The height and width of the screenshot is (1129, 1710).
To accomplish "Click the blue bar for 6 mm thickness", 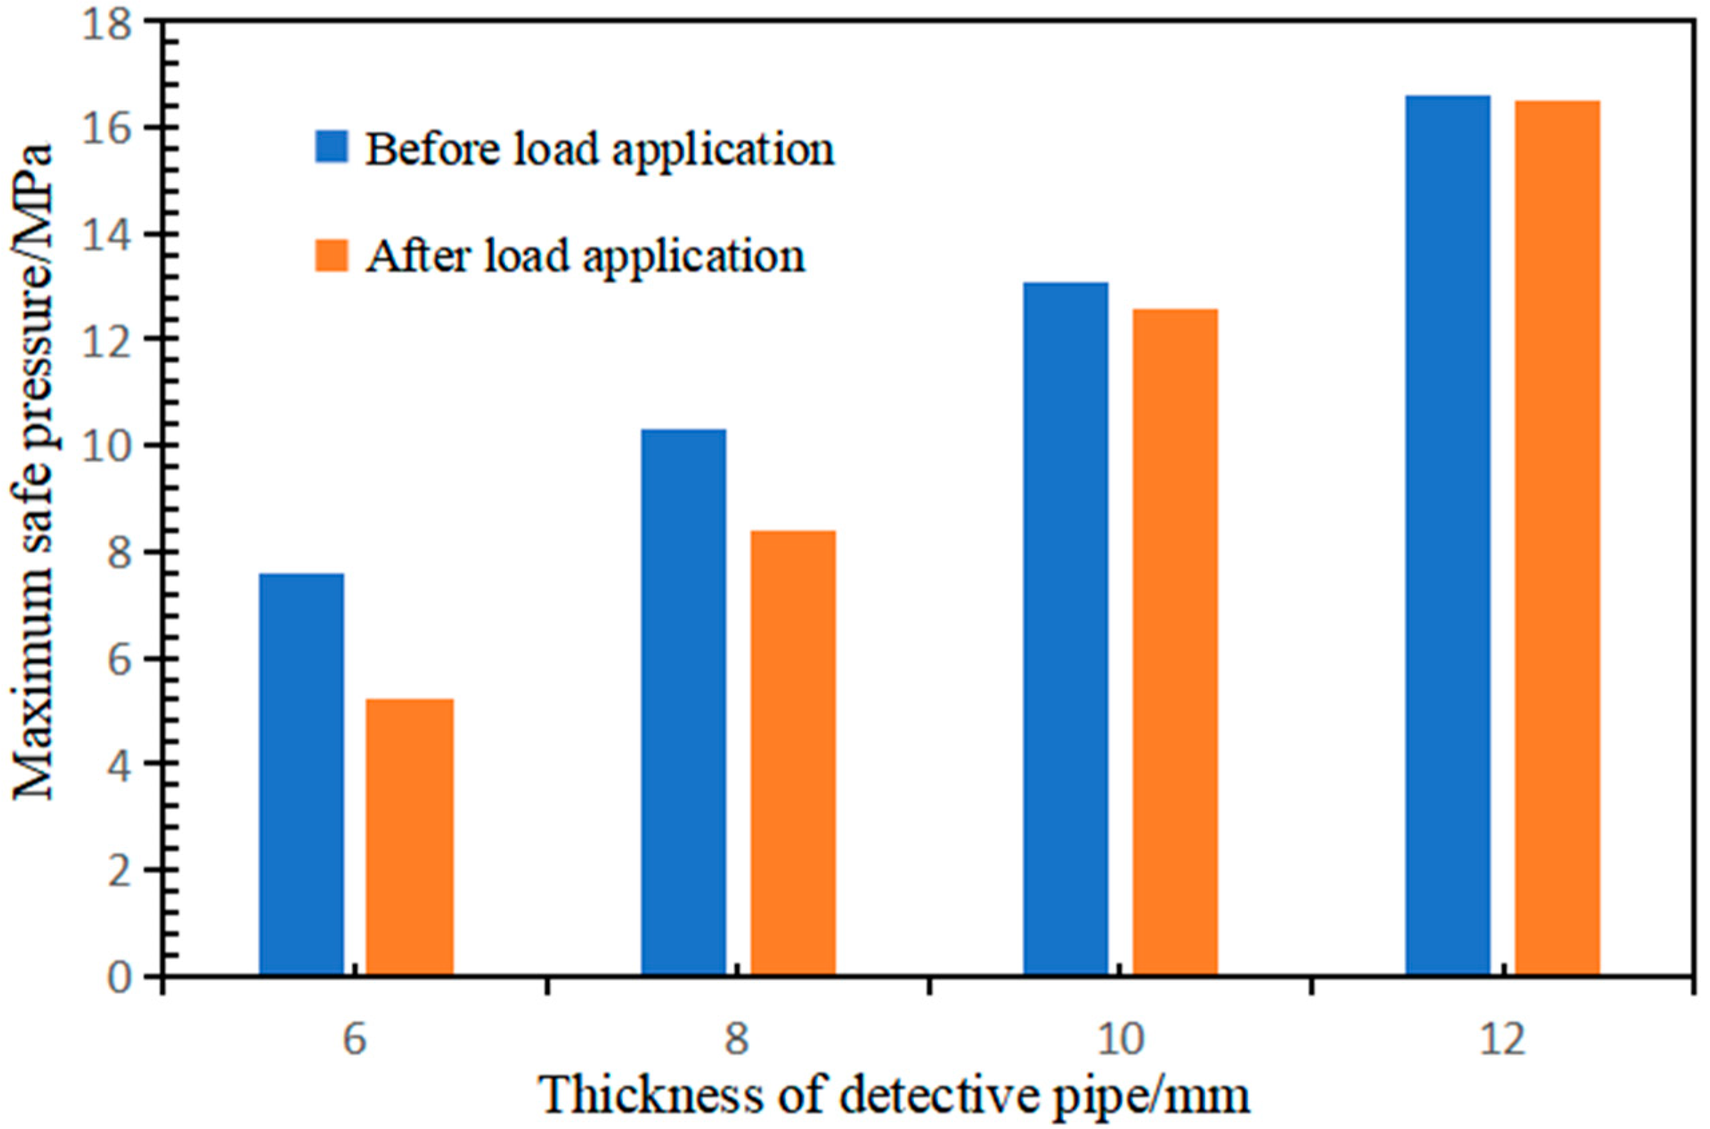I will (301, 774).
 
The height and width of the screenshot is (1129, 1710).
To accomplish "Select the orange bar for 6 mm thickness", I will (409, 837).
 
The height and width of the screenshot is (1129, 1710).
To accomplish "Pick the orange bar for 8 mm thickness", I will (792, 752).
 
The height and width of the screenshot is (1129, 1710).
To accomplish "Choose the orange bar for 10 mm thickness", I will (1175, 642).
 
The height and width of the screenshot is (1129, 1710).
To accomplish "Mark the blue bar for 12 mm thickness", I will (1447, 535).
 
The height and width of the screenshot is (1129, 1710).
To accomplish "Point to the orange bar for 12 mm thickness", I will (1557, 538).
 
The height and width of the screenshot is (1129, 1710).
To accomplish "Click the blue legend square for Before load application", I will (331, 146).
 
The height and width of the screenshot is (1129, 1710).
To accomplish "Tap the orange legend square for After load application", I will (331, 256).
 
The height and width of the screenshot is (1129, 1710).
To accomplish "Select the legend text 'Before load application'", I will (599, 149).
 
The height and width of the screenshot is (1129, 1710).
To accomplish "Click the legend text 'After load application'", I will (585, 256).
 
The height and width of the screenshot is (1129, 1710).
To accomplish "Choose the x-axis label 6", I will (355, 1040).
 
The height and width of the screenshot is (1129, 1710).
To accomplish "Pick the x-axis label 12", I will (1502, 1040).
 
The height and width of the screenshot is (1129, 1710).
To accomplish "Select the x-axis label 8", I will (736, 1040).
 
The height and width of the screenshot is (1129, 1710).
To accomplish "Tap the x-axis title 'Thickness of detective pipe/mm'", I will (893, 1095).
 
